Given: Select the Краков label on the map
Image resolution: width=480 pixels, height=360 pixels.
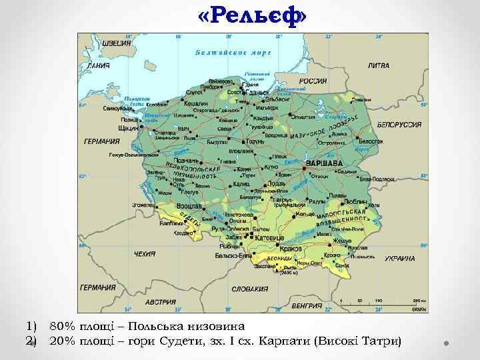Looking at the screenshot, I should [291, 248].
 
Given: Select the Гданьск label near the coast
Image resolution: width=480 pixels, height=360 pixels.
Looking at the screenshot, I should [257, 92].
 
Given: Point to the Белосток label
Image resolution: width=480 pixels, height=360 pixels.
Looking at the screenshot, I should [371, 141].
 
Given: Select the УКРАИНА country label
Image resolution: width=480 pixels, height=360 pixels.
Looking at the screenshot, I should [399, 258].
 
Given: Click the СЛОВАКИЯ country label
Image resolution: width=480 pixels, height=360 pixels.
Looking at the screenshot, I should [250, 289].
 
